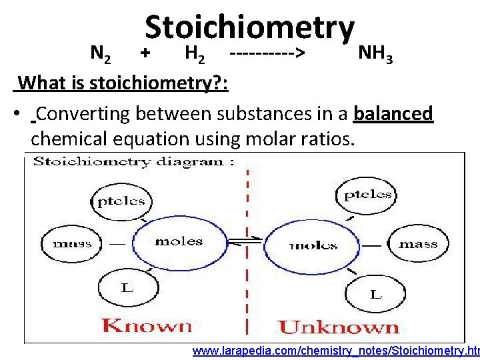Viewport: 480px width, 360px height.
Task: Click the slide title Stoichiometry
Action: click(x=249, y=28)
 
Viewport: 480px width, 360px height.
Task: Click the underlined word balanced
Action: click(x=394, y=114)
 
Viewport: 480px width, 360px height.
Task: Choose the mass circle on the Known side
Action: click(x=72, y=243)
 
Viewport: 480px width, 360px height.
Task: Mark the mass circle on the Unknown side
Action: click(x=417, y=243)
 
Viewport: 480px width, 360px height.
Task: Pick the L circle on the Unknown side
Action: click(x=375, y=293)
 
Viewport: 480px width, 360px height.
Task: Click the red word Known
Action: click(x=147, y=326)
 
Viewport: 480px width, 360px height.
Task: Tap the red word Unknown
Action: click(x=338, y=327)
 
